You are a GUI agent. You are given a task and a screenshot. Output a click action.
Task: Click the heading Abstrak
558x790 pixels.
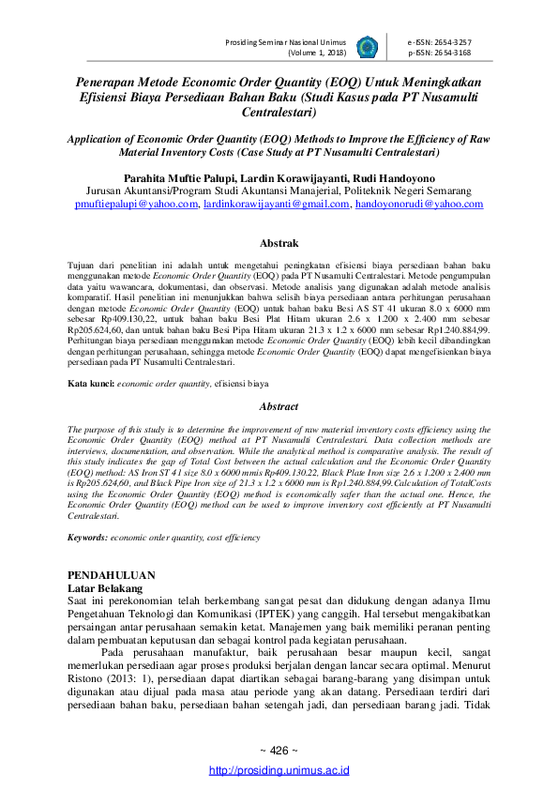coord(279,243)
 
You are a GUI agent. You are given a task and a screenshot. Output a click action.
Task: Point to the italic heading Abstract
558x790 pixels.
coord(279,407)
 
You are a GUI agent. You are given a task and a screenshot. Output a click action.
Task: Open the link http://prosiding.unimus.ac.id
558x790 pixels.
coord(279,770)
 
